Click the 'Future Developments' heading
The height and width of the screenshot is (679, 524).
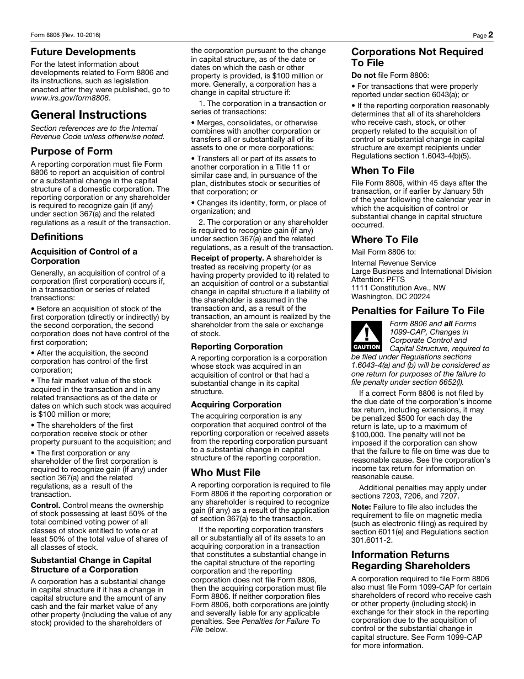coord(83,52)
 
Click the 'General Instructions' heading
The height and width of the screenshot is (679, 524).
coord(89,115)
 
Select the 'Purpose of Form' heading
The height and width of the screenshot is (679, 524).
coord(72,151)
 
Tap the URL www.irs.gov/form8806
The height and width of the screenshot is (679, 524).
coord(70,98)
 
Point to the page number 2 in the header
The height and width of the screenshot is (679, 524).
coord(490,35)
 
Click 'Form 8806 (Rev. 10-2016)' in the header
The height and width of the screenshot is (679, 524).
coord(66,35)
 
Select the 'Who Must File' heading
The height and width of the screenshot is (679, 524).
coord(226,473)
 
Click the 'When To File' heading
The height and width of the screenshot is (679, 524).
coord(383,171)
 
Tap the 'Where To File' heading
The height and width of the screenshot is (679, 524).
coord(384,240)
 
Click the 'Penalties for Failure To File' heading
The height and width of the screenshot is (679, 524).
coord(418,311)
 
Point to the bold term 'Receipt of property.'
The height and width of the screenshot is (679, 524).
coord(227,258)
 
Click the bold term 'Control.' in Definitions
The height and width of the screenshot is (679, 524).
coord(45,505)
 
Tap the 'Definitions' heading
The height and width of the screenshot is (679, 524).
coord(57,237)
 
